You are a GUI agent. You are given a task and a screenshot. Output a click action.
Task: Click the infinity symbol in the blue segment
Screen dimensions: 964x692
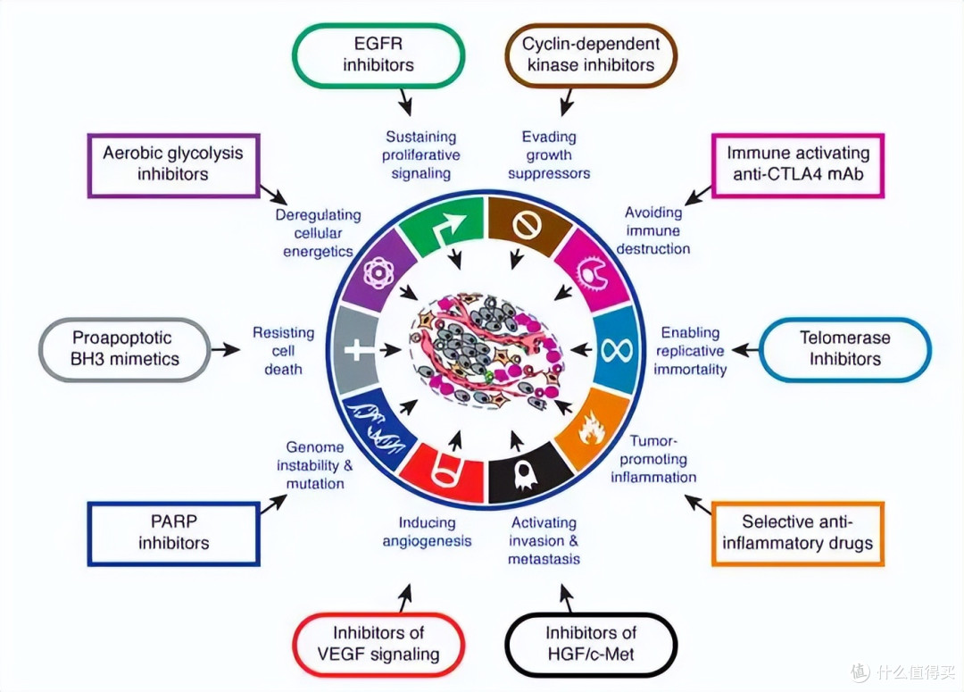617,351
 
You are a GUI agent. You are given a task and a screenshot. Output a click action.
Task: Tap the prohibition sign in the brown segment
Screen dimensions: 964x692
528,226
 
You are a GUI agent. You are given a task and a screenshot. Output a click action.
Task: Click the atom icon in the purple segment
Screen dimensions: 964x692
378,272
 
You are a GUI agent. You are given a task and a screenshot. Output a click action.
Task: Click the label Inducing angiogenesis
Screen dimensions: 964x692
427,531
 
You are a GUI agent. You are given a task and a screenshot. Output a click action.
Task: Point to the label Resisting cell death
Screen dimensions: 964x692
284,351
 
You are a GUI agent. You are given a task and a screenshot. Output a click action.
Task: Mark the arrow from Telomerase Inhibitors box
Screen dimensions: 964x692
744,350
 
